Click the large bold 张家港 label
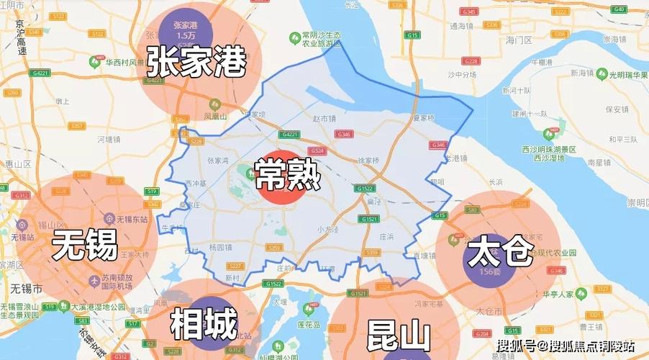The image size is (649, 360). (x=196, y=61)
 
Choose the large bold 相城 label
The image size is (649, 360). (x=204, y=325)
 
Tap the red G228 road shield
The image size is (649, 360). (x=471, y=60)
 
